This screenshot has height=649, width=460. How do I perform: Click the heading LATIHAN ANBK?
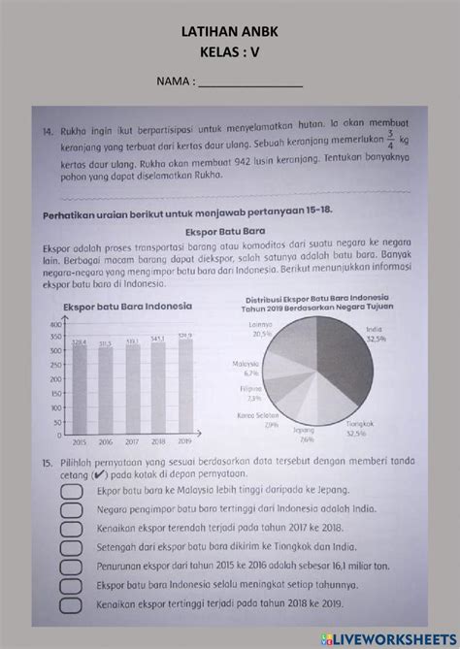pos(230,32)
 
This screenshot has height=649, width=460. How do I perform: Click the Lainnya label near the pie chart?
pos(259,325)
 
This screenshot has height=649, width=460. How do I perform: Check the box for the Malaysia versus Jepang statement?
pos(72,491)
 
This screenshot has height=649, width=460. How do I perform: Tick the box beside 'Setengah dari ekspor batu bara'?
pos(72,548)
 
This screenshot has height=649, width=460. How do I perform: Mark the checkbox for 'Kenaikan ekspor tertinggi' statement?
pos(72,605)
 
